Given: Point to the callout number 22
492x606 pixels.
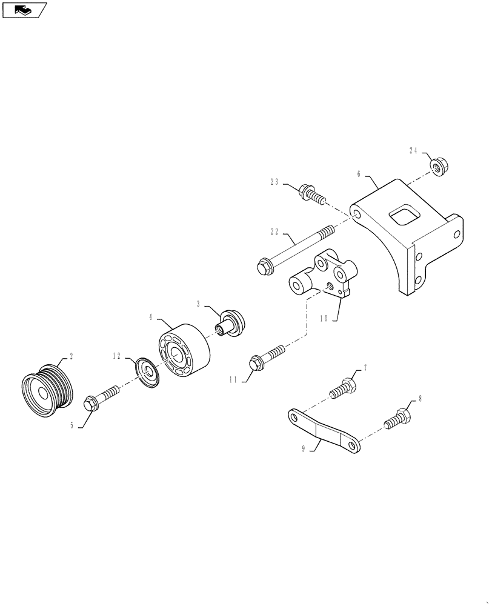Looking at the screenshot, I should point(274,231).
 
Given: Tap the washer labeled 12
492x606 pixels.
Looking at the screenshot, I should point(148,371).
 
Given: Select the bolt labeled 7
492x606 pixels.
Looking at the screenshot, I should point(342,387).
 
